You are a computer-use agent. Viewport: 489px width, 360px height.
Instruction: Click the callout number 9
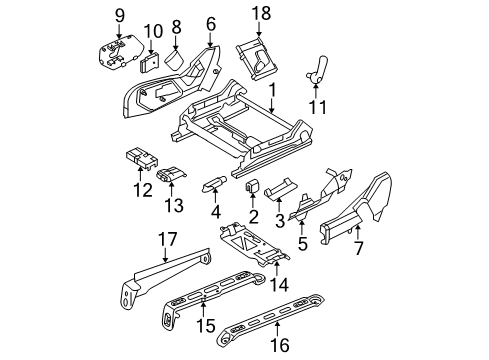point(119,14)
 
